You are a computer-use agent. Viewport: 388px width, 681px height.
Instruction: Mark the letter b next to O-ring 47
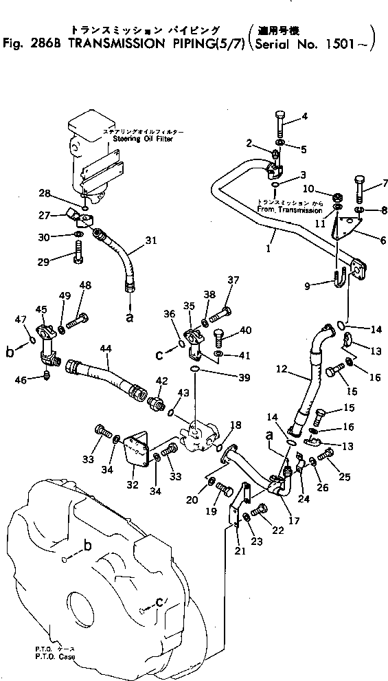(x=10, y=353)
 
